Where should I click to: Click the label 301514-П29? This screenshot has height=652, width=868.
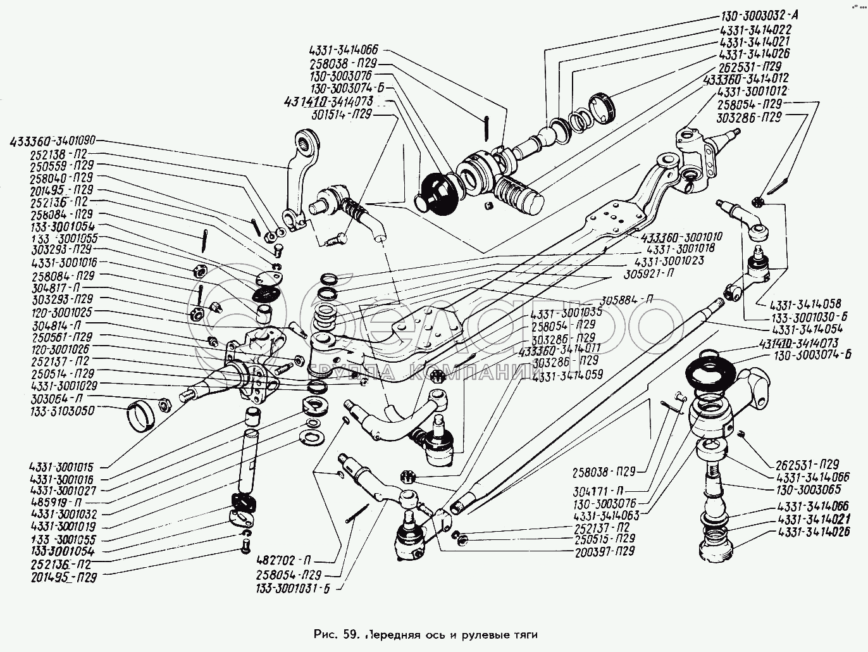[x=340, y=115]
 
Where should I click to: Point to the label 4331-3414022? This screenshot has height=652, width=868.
[x=755, y=30]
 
